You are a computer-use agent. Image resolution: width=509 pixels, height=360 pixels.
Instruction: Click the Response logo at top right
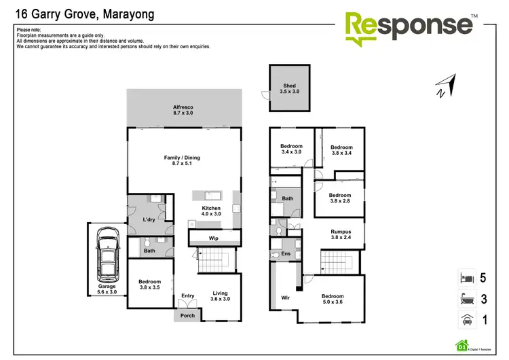(x=411, y=28)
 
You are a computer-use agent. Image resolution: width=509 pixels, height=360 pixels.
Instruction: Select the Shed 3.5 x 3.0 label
(x=290, y=88)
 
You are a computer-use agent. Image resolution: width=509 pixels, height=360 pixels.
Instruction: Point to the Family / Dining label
(x=182, y=160)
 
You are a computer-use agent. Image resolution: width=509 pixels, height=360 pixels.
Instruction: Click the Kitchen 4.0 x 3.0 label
(x=211, y=211)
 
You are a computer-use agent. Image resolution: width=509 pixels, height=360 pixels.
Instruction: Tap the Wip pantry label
(x=213, y=238)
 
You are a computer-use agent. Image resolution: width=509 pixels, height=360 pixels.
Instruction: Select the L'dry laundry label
(x=150, y=219)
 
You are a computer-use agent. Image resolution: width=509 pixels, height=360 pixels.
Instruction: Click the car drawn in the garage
(x=108, y=255)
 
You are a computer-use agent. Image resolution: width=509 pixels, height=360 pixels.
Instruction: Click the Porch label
(x=187, y=315)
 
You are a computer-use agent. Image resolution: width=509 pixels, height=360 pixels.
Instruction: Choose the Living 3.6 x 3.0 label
(x=219, y=296)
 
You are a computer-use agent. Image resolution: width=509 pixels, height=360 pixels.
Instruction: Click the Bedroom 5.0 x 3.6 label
(x=333, y=300)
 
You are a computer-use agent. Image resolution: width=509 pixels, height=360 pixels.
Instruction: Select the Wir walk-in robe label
(x=285, y=298)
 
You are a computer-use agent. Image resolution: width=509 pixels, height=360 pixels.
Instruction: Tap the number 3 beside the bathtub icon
(x=483, y=299)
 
